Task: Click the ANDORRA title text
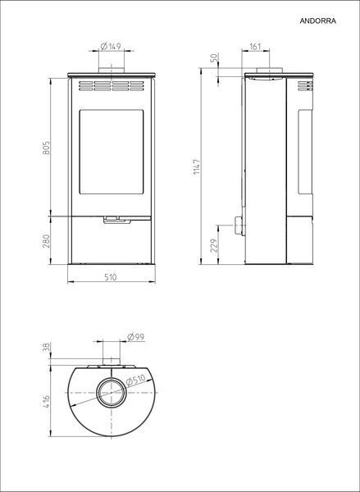pos(317,21)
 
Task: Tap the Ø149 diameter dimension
pos(111,47)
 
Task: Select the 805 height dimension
pos(46,148)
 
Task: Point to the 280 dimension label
pos(46,241)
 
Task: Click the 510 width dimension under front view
pos(111,277)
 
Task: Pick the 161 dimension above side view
pos(255,47)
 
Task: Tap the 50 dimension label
pos(214,58)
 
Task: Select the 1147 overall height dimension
pos(197,167)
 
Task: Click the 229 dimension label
pos(214,245)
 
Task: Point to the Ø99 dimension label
pos(136,337)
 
